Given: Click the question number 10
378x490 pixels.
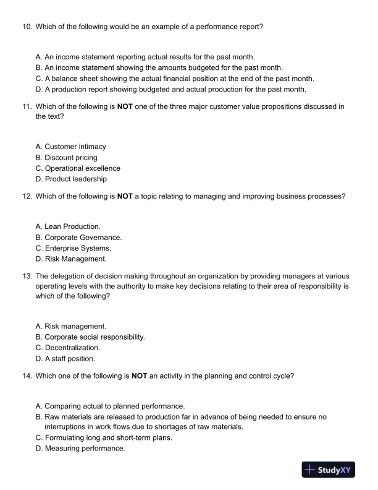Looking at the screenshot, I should tap(27, 27).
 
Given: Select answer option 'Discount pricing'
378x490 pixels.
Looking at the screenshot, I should tap(70, 158).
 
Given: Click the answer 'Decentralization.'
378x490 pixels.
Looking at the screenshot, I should tap(72, 348).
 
